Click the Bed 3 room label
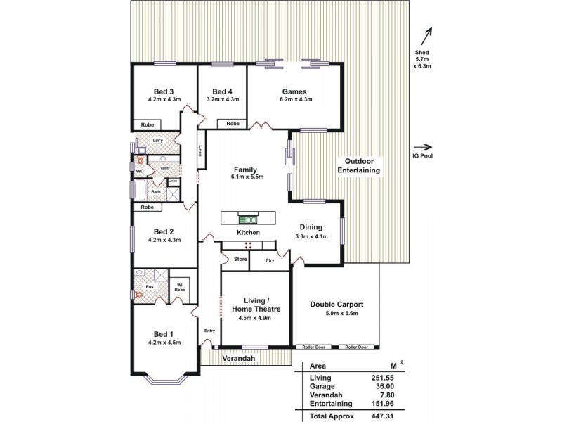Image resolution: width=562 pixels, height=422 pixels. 164,91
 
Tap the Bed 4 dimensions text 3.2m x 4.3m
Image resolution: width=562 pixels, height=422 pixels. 223,100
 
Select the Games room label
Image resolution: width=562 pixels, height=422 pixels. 294,91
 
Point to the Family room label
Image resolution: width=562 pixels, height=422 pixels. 245,170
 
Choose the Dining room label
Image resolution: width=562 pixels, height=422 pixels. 311,226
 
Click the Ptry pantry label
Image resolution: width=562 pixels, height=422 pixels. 270,260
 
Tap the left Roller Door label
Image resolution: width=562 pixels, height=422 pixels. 313,347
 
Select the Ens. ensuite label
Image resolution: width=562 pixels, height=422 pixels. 149,287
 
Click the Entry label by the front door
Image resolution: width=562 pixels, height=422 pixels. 209,331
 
